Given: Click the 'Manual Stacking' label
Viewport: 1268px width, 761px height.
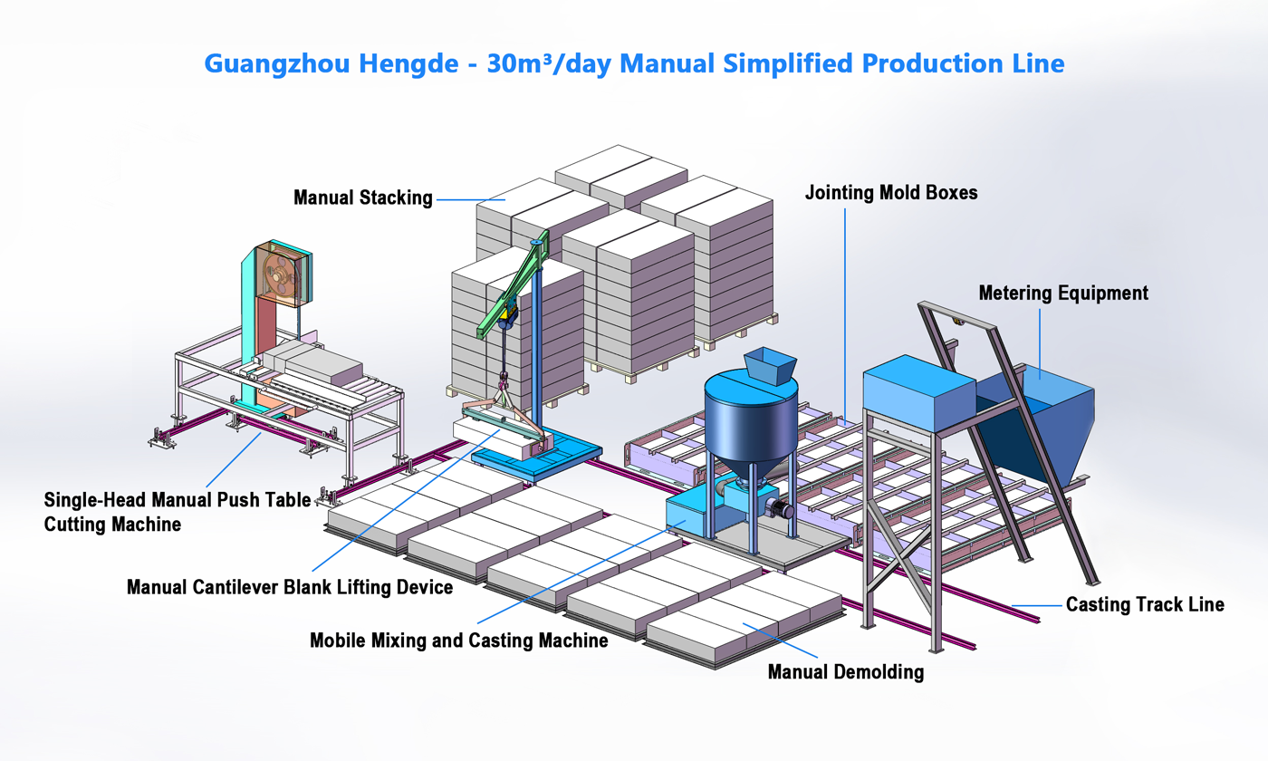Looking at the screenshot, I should click(362, 197).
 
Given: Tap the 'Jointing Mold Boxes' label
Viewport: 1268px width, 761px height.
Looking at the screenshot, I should click(891, 193).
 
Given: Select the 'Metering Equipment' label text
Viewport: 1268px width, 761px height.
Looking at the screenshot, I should click(1063, 293).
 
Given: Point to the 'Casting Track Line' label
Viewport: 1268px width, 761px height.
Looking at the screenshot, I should click(1145, 604).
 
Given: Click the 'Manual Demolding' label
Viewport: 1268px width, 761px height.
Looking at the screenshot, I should click(845, 672).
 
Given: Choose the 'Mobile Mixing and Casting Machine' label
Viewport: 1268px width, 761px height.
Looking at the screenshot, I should click(458, 641).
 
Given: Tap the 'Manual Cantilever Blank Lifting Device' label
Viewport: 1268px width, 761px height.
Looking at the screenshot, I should click(289, 588).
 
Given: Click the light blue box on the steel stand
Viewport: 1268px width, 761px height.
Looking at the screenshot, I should click(917, 391).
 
